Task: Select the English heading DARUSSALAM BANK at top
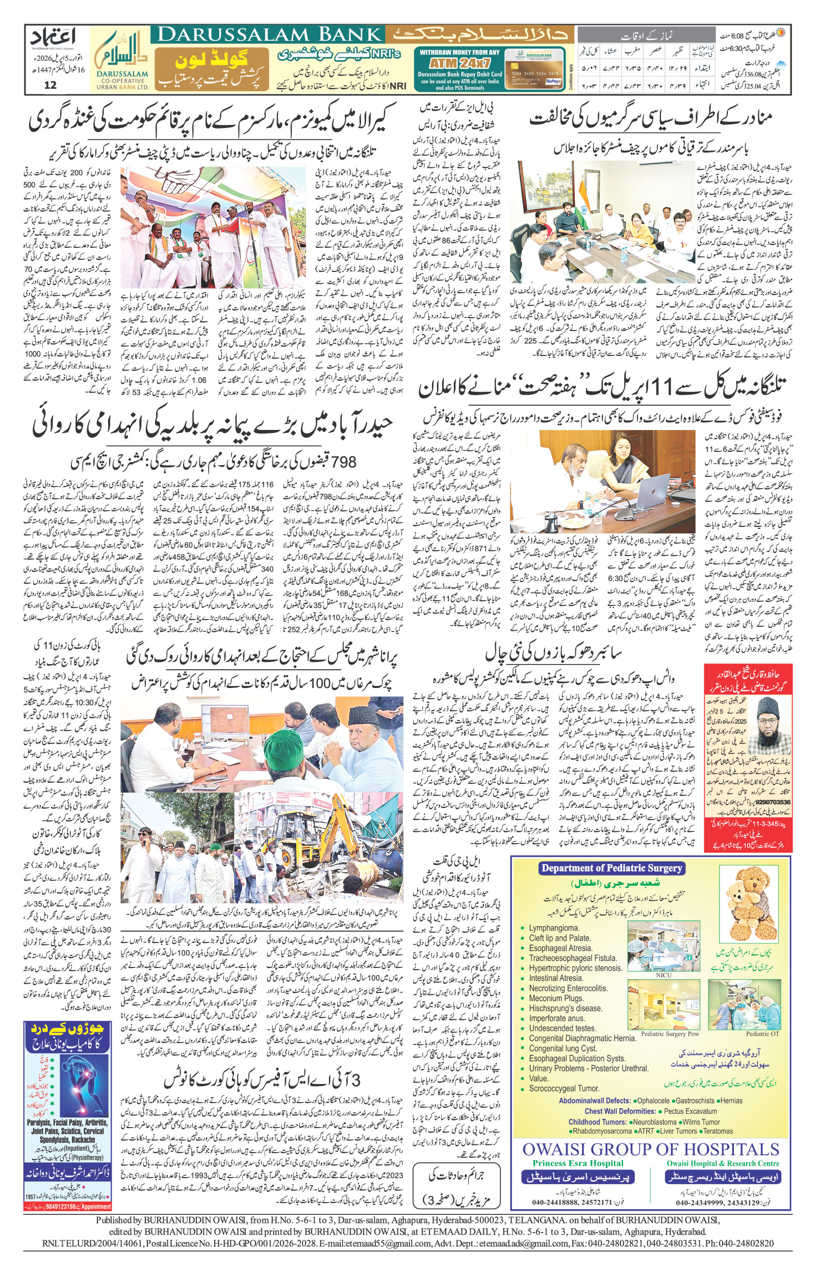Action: tap(267, 36)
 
